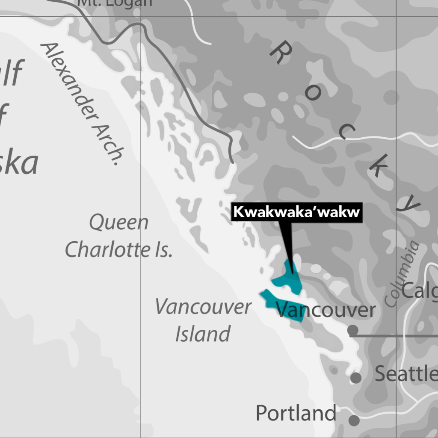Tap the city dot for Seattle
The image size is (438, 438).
click(x=356, y=378)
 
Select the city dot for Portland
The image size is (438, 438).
click(x=354, y=420)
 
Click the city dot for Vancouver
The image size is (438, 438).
click(x=352, y=330)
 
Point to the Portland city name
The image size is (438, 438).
click(x=296, y=414)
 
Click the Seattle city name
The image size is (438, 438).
click(x=405, y=374)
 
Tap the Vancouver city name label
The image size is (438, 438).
click(x=326, y=310)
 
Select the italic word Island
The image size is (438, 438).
click(x=203, y=334)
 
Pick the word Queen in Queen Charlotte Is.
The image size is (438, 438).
click(x=119, y=223)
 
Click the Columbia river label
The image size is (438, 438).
click(x=402, y=274)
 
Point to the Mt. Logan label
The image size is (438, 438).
click(x=114, y=3)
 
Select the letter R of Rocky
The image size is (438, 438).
click(x=281, y=53)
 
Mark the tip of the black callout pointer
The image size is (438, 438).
click(x=293, y=272)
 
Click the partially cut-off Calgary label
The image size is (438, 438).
click(x=420, y=291)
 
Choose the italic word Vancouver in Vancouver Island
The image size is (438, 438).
click(x=203, y=307)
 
